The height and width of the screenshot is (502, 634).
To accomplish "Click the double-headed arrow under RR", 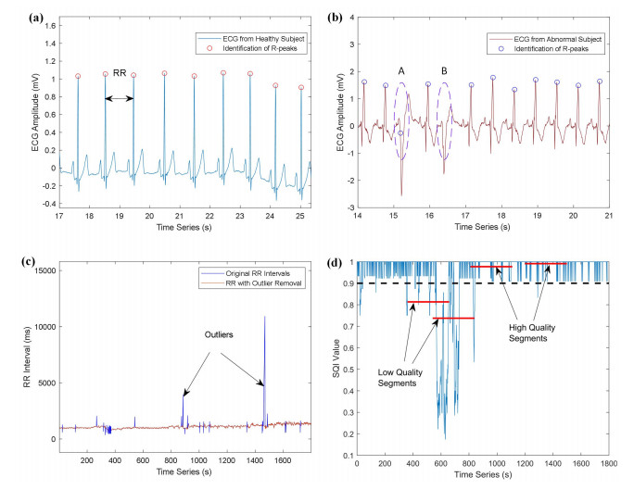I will [x=119, y=98].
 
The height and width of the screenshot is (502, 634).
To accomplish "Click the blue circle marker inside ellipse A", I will [x=401, y=133].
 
